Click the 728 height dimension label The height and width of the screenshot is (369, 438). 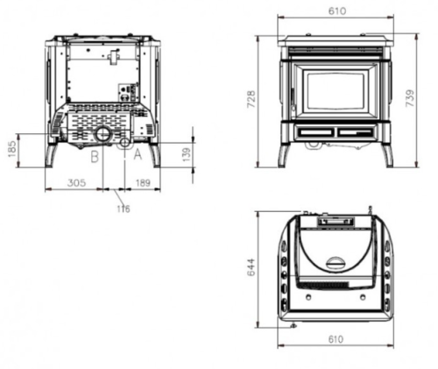point(251,99)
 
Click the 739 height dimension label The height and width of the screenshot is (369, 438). point(410,98)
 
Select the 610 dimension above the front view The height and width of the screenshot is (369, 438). point(337,11)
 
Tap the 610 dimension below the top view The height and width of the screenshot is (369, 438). point(336,339)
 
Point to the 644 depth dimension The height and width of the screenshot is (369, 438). point(251,267)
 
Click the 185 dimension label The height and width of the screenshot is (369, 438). point(12,149)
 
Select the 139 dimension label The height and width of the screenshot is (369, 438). point(186,154)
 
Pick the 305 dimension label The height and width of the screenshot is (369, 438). point(76,183)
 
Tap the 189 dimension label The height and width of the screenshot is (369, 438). point(143,183)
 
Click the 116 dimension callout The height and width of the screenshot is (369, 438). point(124,209)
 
